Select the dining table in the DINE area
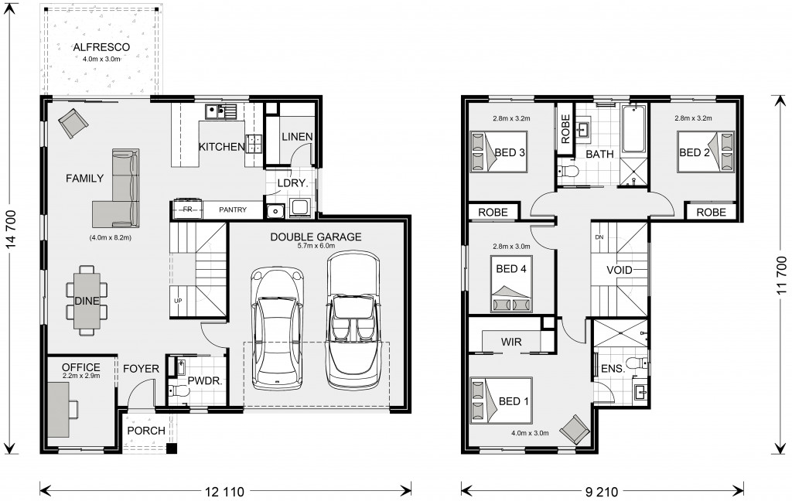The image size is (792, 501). tap(87, 301)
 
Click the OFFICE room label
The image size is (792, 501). tap(80, 367)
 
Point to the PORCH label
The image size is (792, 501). tap(146, 431)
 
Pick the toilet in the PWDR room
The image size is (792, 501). tap(177, 390)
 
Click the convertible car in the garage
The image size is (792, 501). tap(353, 321)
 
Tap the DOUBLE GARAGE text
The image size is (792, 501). tap(316, 237)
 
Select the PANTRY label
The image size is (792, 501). tap(233, 210)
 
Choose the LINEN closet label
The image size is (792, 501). tap(297, 136)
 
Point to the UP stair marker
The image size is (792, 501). tap(178, 301)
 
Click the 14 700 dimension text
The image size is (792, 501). tap(12, 229)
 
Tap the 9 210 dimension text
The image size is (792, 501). tap(602, 491)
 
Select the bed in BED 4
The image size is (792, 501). tap(511, 285)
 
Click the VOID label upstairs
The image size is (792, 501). tap(620, 270)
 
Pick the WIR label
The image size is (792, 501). tap(511, 342)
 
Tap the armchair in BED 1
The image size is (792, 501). tap(575, 429)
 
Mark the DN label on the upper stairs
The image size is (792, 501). tap(599, 237)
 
